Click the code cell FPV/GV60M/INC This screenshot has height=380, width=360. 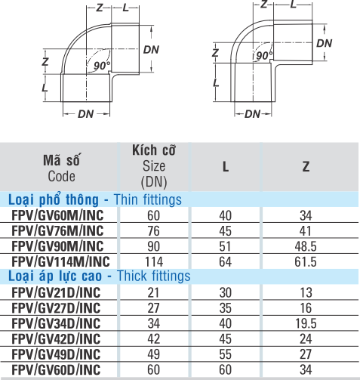(57, 215)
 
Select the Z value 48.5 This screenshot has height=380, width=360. (306, 246)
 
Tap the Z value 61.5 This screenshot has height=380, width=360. (306, 262)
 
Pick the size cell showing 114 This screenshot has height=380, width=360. (154, 262)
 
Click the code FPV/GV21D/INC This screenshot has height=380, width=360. (56, 292)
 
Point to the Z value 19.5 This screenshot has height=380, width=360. (306, 323)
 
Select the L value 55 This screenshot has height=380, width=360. (225, 354)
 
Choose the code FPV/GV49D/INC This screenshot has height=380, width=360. (56, 354)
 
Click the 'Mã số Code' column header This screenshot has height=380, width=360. (62, 168)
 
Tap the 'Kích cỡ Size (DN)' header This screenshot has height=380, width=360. (154, 166)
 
